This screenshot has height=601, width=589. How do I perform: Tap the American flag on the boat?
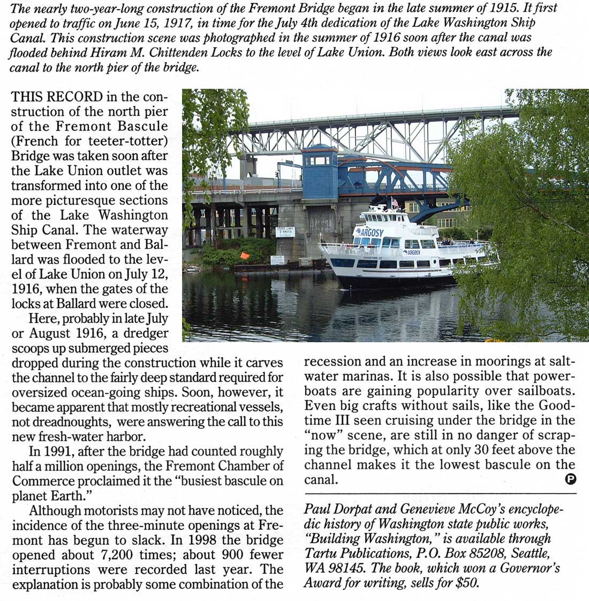pyautogui.click(x=395, y=203)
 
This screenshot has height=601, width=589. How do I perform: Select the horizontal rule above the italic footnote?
pyautogui.click(x=440, y=493)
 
